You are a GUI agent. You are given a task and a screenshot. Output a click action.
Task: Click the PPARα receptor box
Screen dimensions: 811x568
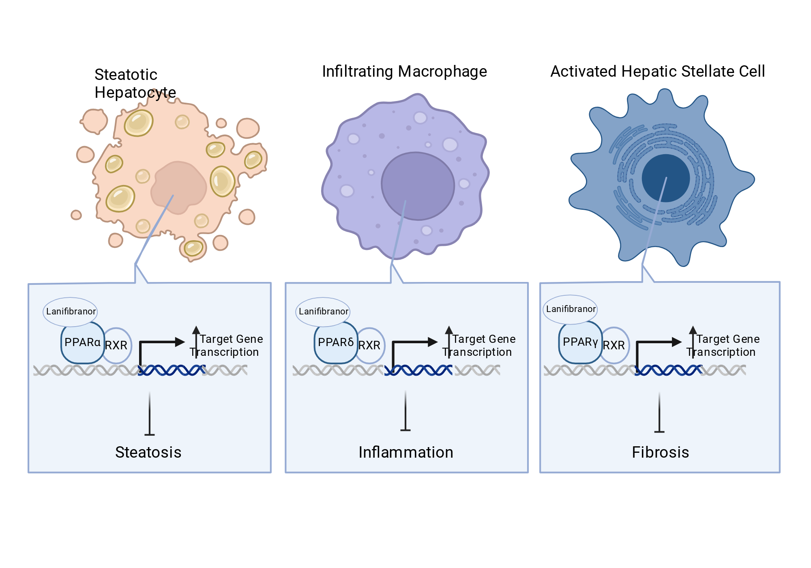(83, 343)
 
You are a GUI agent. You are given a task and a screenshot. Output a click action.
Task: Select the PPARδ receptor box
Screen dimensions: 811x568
(336, 343)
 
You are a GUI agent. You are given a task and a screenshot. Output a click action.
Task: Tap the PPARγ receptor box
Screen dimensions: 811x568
(580, 342)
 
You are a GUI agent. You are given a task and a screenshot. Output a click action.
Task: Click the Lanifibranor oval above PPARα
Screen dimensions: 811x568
(71, 312)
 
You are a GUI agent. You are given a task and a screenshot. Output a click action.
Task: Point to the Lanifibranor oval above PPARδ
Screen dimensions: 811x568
(323, 312)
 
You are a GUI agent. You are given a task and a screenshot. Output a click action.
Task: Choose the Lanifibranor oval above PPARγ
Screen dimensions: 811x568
(571, 309)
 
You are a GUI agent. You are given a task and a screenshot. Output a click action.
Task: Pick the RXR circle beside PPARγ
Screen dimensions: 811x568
(615, 345)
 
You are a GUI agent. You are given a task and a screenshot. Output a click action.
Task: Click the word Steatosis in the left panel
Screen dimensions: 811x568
(148, 452)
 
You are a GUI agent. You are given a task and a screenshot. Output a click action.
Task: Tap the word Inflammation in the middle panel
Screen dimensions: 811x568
(406, 452)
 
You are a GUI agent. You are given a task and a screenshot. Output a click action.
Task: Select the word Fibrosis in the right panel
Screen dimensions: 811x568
(661, 452)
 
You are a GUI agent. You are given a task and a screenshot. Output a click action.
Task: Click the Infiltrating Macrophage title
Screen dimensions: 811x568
(404, 71)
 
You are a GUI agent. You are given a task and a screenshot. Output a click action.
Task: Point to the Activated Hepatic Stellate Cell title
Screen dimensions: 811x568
(658, 71)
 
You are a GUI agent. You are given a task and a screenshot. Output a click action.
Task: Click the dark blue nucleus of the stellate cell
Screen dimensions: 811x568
(666, 178)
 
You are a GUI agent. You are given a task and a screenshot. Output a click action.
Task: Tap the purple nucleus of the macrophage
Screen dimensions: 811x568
(418, 186)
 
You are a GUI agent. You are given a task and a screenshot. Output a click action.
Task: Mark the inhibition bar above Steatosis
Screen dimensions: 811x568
(150, 413)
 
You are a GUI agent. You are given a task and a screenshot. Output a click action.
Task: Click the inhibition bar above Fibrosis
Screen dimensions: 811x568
(659, 412)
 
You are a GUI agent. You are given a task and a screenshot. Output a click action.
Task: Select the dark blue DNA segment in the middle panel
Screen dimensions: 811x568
(418, 370)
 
